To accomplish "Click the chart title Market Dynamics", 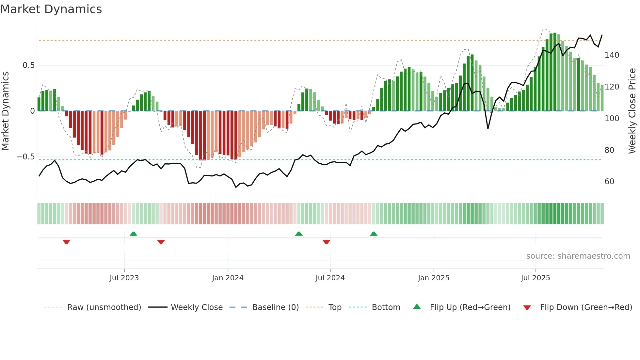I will coord(51,9).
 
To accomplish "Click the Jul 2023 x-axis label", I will coord(124,278).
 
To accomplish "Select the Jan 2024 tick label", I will coord(228,278).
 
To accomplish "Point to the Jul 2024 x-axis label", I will coord(330,278).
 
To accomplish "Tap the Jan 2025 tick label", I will coord(434,278).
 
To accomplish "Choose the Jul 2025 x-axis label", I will coord(536,278).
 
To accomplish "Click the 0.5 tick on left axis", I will coord(28,65).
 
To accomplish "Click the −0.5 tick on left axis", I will coord(26,157).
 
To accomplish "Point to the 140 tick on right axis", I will coord(612,55).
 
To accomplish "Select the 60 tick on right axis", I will coord(609,182).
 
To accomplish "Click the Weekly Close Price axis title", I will coord(632,111).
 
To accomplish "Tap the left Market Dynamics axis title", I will coord(5,111).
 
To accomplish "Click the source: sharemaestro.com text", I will coord(578,256).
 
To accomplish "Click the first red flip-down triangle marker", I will coord(66,242).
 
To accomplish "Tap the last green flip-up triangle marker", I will coord(374,234).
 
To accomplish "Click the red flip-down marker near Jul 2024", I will coord(326,242).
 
